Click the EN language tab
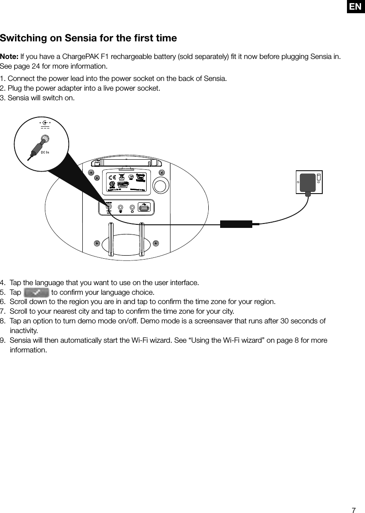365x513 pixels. click(x=355, y=7)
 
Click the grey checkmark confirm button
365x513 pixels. click(x=36, y=293)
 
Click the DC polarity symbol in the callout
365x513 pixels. click(x=45, y=123)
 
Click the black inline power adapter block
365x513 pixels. click(x=236, y=224)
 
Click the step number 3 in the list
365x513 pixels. click(x=2, y=98)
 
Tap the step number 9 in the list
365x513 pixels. click(x=2, y=341)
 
